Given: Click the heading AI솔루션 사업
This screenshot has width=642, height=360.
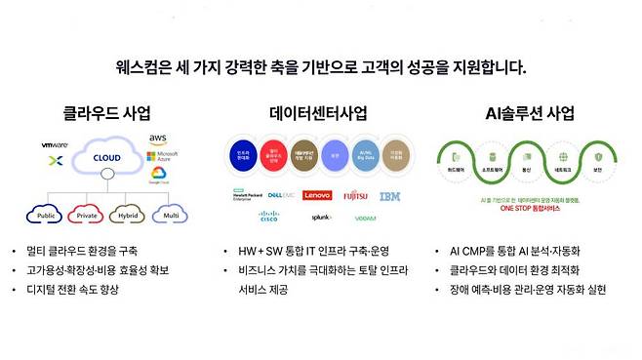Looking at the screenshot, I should [x=531, y=112].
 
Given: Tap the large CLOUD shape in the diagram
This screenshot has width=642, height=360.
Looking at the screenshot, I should [x=106, y=159].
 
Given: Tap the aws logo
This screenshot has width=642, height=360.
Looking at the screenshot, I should [x=159, y=140].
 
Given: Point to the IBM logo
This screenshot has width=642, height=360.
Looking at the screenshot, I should [x=389, y=196].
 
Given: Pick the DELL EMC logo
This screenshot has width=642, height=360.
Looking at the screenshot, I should [x=283, y=195].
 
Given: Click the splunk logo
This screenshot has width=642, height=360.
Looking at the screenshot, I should [x=321, y=218].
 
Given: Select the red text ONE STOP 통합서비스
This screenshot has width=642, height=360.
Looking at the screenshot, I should [x=531, y=209].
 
